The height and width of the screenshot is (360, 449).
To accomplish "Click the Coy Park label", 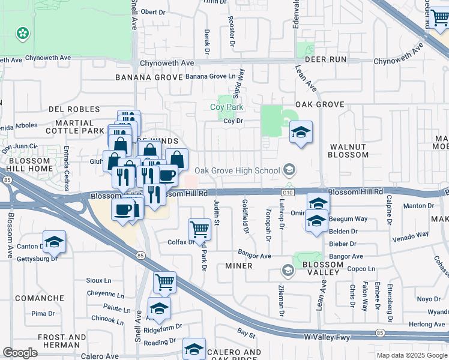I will coord(226,107).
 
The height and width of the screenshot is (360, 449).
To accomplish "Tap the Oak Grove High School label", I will coord(237,170).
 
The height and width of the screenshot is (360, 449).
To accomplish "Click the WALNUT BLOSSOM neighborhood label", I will coord(348,151).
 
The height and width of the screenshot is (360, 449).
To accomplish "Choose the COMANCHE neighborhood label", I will coord(40,298).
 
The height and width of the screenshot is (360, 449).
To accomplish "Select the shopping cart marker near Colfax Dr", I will coord(199,229).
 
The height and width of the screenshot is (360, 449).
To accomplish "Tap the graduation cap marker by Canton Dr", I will coord(54,242).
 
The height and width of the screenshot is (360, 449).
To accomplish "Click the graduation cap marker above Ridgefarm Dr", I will coord(159,308).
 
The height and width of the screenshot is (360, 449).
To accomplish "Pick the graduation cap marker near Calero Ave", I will coord(194,349).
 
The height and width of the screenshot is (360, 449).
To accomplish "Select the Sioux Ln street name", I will coord(99,280).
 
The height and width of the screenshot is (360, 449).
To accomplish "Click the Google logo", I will coord(20,353).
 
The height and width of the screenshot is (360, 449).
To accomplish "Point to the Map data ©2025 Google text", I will coord(412,355).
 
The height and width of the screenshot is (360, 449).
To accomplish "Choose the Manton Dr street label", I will coord(415,206).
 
